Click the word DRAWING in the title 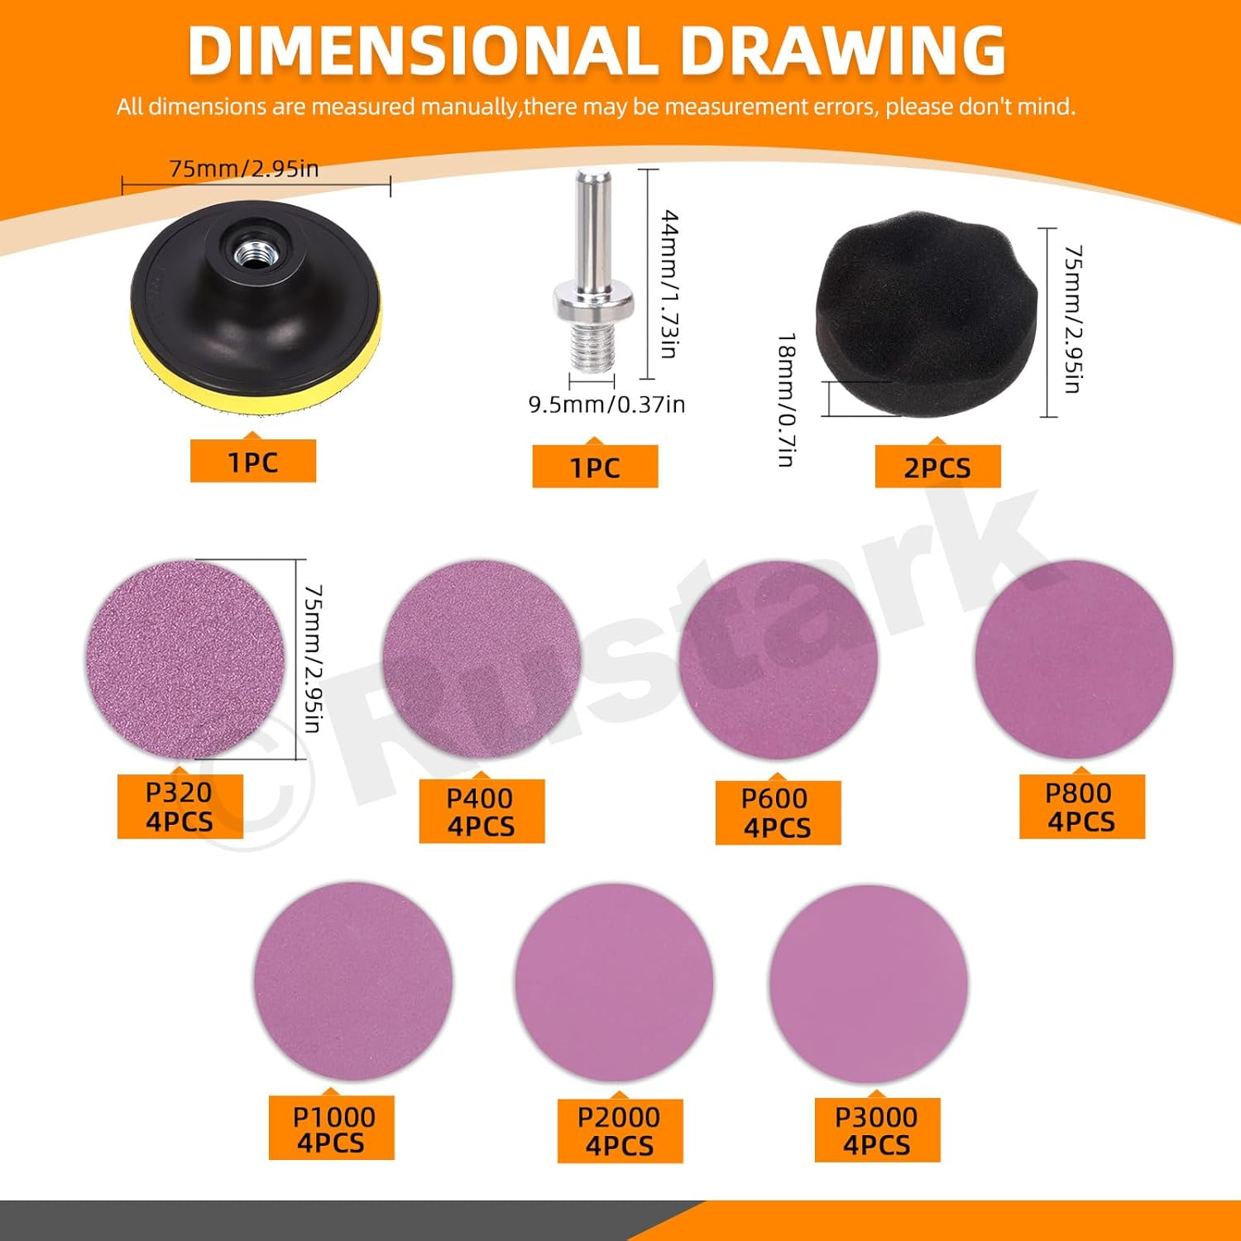pos(842,51)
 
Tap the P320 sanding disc pos(185,659)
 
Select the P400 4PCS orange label pos(482,812)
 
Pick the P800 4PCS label pos(1081,807)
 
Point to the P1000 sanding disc pos(353,981)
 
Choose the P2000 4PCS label pos(620,1131)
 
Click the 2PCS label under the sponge pos(937,467)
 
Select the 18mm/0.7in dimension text pos(787,400)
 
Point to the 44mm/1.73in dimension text pos(669,284)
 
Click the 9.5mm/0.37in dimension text pos(607,405)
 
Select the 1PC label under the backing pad pos(253,461)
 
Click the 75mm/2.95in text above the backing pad pos(244,169)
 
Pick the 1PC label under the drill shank pos(595,467)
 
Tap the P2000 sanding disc pos(614,983)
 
